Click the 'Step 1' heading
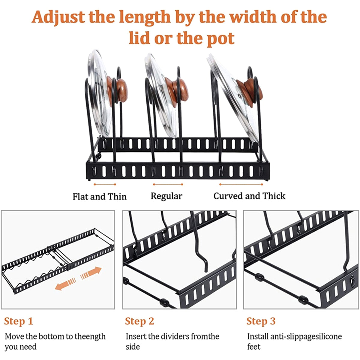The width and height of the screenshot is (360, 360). [x=19, y=321]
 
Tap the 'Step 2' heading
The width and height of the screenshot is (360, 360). [x=139, y=321]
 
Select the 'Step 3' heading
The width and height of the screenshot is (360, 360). [x=261, y=321]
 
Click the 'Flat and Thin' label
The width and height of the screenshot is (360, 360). [x=100, y=196]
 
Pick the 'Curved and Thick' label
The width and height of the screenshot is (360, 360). [x=249, y=196]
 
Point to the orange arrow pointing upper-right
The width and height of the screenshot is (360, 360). [x=91, y=273]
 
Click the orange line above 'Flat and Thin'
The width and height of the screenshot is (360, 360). [x=105, y=184]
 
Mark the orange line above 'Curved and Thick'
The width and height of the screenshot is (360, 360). [x=241, y=184]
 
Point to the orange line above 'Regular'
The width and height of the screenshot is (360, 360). [x=168, y=184]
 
